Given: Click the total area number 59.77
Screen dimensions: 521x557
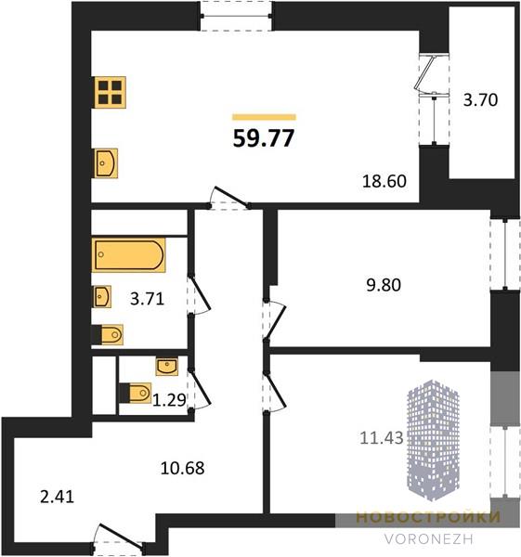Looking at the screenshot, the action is click(x=264, y=138).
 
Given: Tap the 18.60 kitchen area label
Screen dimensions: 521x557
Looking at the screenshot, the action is click(x=384, y=181).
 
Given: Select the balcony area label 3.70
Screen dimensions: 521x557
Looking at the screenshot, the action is click(x=480, y=100).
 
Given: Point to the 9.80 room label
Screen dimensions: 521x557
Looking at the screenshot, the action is click(x=384, y=285).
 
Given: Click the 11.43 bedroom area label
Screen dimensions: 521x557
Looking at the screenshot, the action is click(x=382, y=437).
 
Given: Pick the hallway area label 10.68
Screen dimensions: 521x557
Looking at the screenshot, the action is click(x=182, y=468).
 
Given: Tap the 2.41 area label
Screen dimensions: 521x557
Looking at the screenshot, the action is click(x=58, y=497).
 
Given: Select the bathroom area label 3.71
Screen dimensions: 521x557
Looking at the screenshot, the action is click(x=147, y=299).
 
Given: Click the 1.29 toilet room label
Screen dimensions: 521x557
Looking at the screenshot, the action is click(x=169, y=400).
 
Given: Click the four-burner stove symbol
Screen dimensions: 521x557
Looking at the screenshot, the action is click(x=111, y=92).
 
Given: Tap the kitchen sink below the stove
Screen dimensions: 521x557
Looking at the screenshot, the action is click(x=106, y=163).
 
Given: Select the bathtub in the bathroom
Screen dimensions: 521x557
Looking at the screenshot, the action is click(x=129, y=255).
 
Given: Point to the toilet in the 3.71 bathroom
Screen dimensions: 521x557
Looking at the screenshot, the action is click(x=108, y=334).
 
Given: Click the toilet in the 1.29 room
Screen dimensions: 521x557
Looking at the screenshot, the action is click(x=136, y=393).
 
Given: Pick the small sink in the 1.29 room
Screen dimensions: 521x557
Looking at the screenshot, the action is click(x=167, y=367).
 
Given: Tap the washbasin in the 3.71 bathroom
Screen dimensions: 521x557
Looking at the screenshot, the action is click(x=102, y=297).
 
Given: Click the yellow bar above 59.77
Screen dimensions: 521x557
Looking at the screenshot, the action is click(x=264, y=117).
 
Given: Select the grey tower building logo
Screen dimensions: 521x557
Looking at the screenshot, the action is click(x=433, y=440).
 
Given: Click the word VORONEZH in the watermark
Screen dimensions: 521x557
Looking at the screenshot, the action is click(x=429, y=539).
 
